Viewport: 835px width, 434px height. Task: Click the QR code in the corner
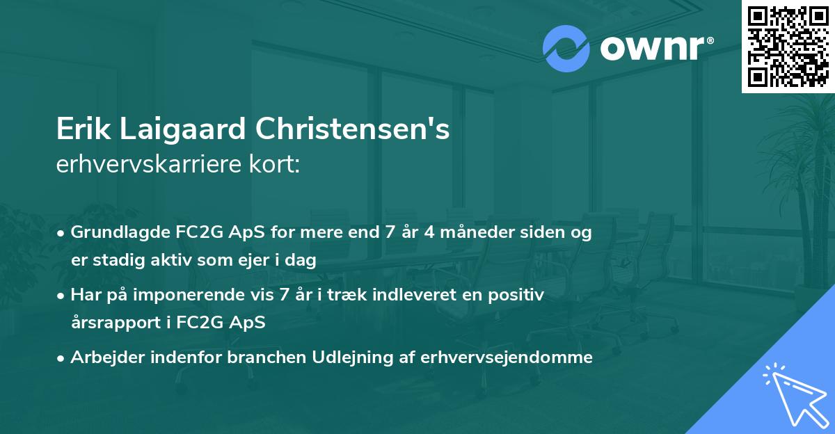coord(788,46)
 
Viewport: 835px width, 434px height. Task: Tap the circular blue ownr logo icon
coord(566,48)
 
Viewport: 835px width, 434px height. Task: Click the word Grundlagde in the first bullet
coord(114,232)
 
